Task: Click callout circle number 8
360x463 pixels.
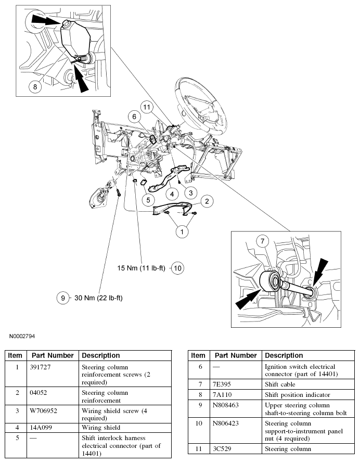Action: (x=35, y=87)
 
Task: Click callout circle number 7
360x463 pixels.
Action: (x=264, y=242)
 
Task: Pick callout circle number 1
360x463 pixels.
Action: (x=182, y=231)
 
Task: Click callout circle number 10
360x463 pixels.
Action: (x=177, y=268)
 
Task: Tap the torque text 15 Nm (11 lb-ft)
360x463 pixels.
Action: (x=141, y=268)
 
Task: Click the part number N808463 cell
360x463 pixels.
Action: (x=228, y=404)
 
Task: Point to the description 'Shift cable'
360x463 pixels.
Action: (x=280, y=384)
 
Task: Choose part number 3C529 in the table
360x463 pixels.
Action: (x=224, y=448)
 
